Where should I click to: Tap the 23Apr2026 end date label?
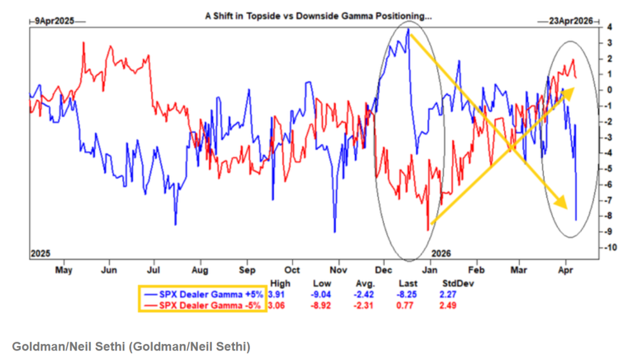coord(570,21)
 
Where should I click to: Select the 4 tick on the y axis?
coord(609,27)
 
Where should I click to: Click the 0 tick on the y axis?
coord(609,90)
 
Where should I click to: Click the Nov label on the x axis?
coord(339,270)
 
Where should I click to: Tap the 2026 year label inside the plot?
coord(442,253)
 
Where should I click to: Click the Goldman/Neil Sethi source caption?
coord(131,347)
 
